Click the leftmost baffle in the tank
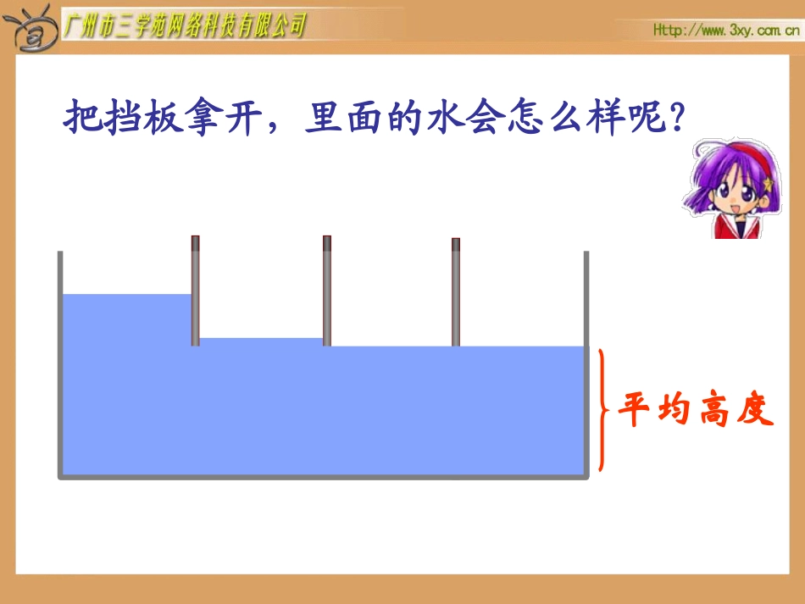click(195, 291)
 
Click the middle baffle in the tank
click(326, 291)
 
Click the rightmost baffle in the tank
click(455, 292)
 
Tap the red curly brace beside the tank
click(602, 410)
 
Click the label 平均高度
click(695, 411)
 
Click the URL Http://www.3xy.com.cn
click(726, 30)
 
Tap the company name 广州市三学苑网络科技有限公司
click(184, 26)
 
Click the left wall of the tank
click(60, 364)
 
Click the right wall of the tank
click(586, 364)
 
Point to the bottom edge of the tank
click(322, 476)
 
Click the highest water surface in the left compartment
click(127, 295)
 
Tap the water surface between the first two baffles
click(261, 339)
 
